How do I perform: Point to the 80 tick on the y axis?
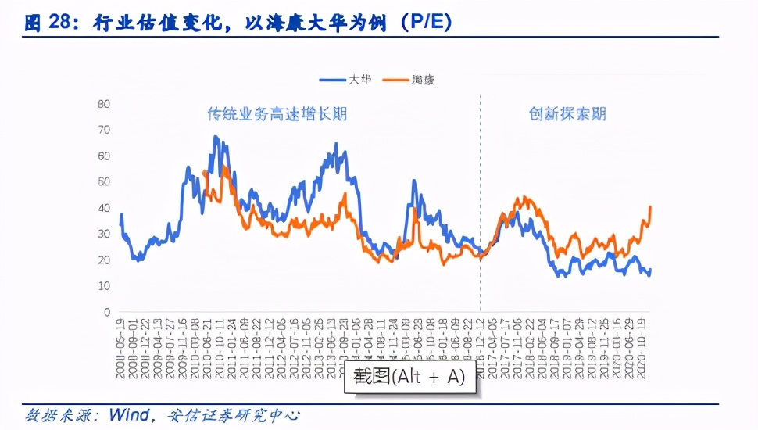point(104,104)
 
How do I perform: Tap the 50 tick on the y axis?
point(104,181)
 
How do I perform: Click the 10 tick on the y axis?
point(104,286)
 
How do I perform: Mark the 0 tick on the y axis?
point(106,312)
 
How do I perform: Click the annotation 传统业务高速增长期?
point(277,114)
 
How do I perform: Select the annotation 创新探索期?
point(567,114)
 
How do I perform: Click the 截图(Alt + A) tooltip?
point(409,377)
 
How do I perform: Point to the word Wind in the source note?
point(129,416)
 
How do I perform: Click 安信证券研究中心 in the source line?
point(234,416)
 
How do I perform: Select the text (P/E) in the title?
point(426,23)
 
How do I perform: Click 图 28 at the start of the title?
point(48,23)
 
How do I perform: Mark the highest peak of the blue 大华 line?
point(216,137)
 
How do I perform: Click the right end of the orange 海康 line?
point(650,206)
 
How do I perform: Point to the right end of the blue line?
point(650,270)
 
